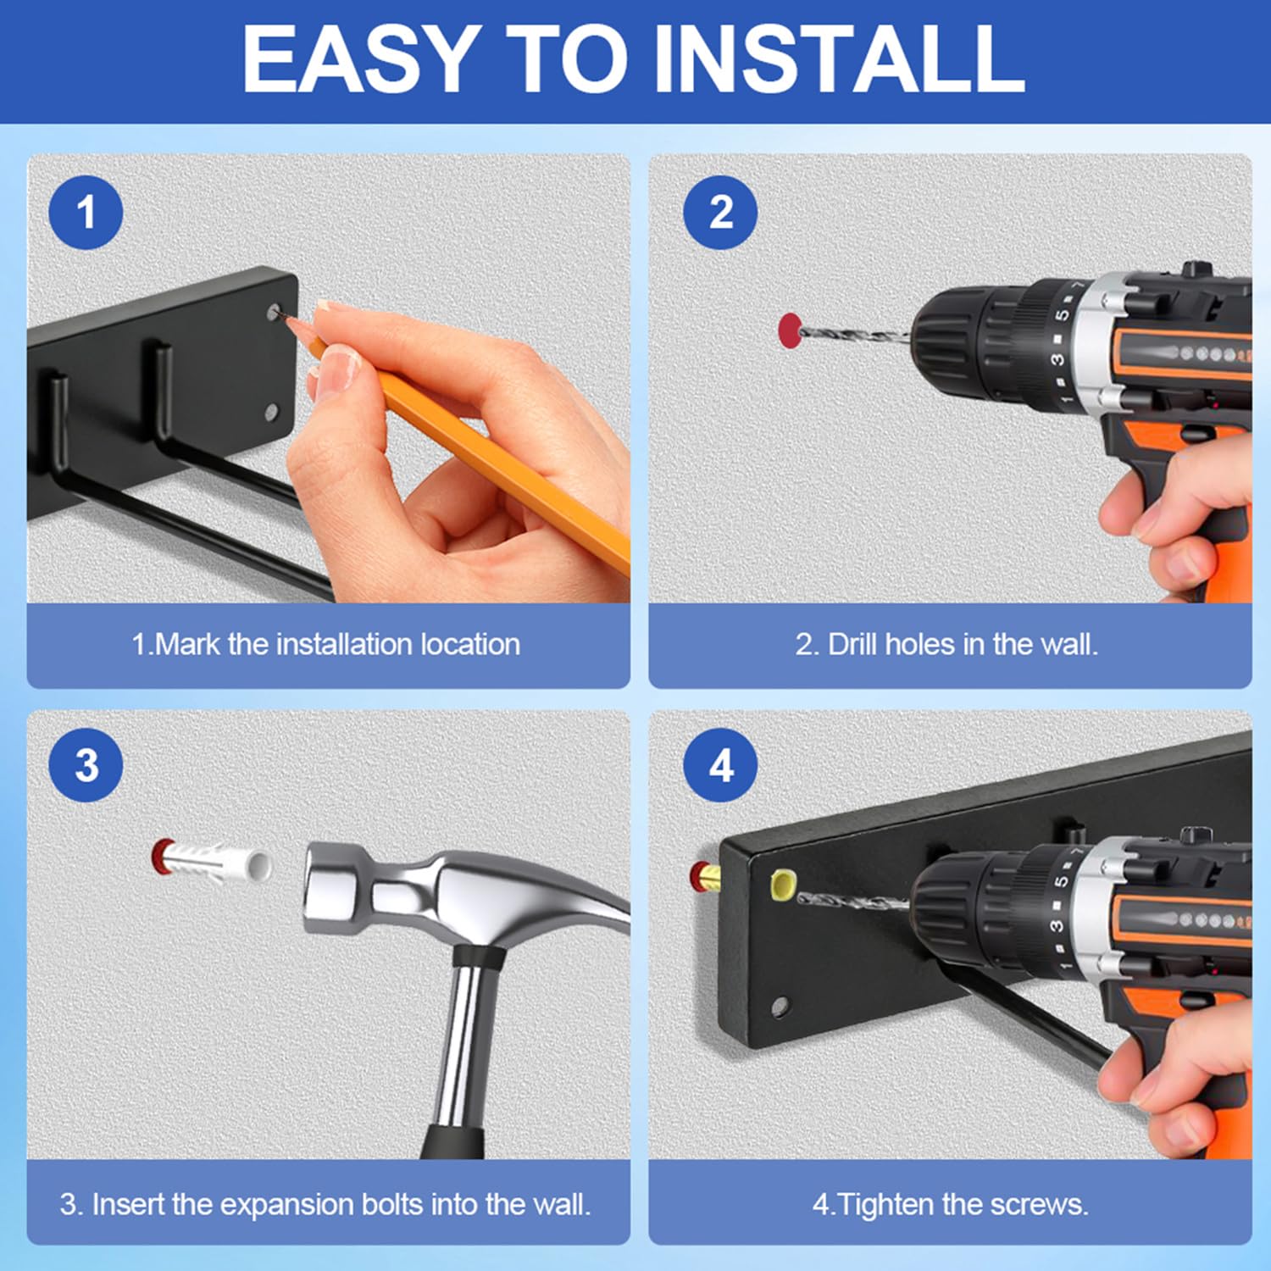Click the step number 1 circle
point(86,212)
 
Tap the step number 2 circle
point(720,212)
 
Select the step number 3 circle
point(86,764)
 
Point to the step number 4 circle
point(720,764)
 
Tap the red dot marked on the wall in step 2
point(790,330)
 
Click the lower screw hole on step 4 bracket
point(780,1007)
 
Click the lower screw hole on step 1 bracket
point(271,413)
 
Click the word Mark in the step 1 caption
point(187,644)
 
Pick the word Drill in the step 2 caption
point(856,644)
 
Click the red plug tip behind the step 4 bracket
point(699,877)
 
